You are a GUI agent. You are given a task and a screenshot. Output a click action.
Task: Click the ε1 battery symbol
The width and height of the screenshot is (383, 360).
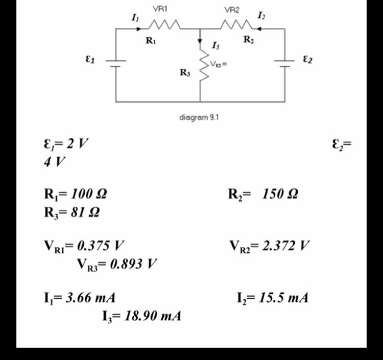116,62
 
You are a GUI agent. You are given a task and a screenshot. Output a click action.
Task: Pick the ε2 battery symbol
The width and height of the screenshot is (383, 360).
285,62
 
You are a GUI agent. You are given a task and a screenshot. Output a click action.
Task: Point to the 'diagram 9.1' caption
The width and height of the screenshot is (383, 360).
200,117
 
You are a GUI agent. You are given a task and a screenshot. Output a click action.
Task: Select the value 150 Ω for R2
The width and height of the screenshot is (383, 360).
280,194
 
